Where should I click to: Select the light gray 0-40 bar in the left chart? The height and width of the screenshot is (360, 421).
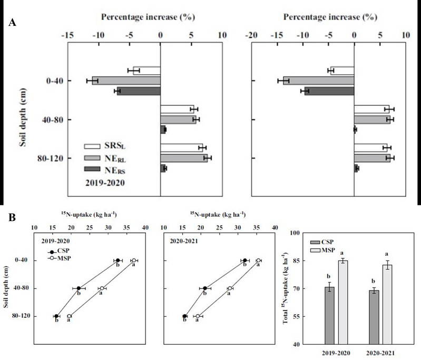pos(126,81)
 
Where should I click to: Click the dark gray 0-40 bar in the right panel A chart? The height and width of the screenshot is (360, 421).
pos(329,91)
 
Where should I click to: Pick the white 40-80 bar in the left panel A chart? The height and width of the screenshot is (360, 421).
pos(177,109)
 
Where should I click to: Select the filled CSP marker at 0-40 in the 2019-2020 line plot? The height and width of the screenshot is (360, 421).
pos(118,261)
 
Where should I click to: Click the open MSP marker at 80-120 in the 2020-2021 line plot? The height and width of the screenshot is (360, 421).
pos(198,316)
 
